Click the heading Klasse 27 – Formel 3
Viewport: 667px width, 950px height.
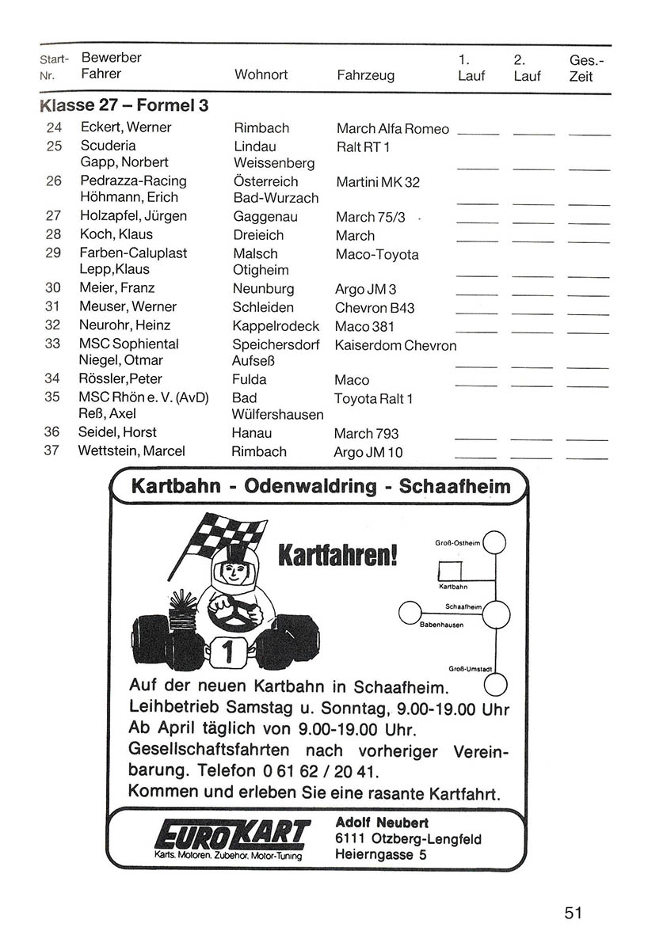pyautogui.click(x=124, y=104)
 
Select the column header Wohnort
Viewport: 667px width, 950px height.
pyautogui.click(x=261, y=75)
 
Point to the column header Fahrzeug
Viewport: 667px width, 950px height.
pyautogui.click(x=365, y=76)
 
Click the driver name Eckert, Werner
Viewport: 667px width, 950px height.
pyautogui.click(x=126, y=127)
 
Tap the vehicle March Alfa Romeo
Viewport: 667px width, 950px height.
pyautogui.click(x=392, y=129)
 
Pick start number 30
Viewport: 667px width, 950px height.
pyautogui.click(x=53, y=288)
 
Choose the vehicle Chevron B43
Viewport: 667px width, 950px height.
pyautogui.click(x=374, y=308)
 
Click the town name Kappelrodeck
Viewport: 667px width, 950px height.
pyautogui.click(x=276, y=326)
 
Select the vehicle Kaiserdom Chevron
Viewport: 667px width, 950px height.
pyautogui.click(x=395, y=346)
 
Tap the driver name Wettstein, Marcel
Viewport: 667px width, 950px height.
pyautogui.click(x=131, y=451)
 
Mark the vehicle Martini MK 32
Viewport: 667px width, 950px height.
pyautogui.click(x=378, y=182)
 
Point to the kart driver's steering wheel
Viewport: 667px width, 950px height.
pyautogui.click(x=231, y=610)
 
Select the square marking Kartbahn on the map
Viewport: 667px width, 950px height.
pyautogui.click(x=451, y=572)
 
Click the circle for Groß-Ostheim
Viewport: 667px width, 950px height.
pyautogui.click(x=495, y=543)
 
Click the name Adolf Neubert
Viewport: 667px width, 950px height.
pyautogui.click(x=375, y=823)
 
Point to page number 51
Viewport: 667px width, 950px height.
pyautogui.click(x=574, y=913)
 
